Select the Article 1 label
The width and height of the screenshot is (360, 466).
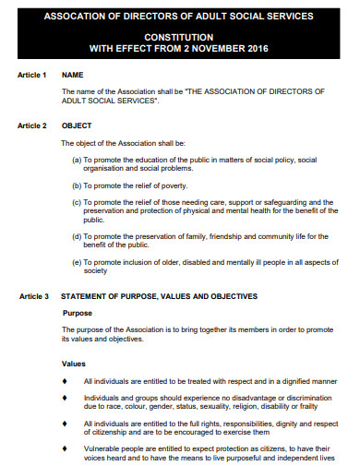(32, 74)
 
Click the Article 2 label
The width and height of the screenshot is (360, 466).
(32, 125)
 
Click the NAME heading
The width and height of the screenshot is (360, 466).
(73, 74)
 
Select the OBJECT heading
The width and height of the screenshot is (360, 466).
(77, 125)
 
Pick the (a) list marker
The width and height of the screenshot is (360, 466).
(77, 160)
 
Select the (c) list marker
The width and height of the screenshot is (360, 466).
(77, 202)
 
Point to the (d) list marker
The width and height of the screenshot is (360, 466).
(77, 236)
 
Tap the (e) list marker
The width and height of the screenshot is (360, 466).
(77, 262)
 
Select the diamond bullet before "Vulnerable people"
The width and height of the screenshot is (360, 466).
(64, 448)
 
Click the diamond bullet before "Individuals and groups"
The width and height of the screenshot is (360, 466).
(64, 397)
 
